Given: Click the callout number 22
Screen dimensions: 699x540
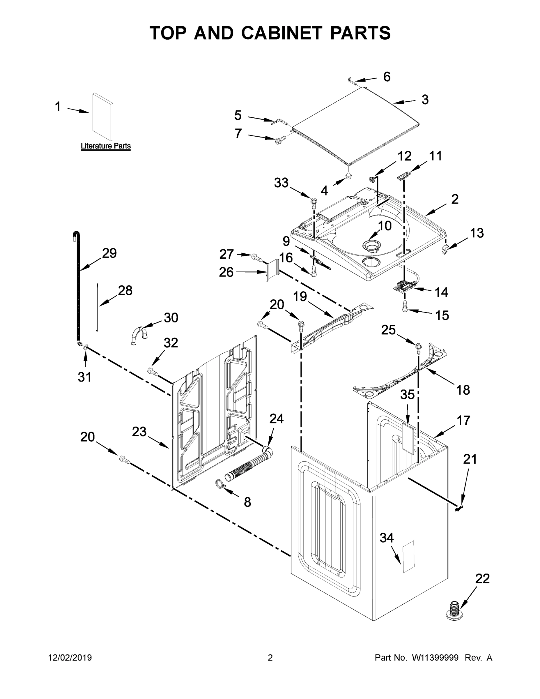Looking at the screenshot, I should tap(482, 579).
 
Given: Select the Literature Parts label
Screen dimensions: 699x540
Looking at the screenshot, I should tap(106, 146).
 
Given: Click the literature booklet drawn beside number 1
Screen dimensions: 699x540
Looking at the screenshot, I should tap(102, 117).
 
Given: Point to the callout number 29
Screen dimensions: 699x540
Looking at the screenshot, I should tap(109, 253).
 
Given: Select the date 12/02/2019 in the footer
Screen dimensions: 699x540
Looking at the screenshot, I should tap(70, 658).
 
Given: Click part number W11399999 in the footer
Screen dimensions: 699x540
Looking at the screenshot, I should tap(435, 658).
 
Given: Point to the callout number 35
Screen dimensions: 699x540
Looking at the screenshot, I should tap(407, 395).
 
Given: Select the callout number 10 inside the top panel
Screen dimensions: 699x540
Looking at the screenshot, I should tap(385, 226).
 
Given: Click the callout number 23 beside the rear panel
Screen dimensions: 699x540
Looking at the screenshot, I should tap(139, 432).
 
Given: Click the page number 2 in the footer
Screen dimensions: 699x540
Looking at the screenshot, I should tap(270, 658).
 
